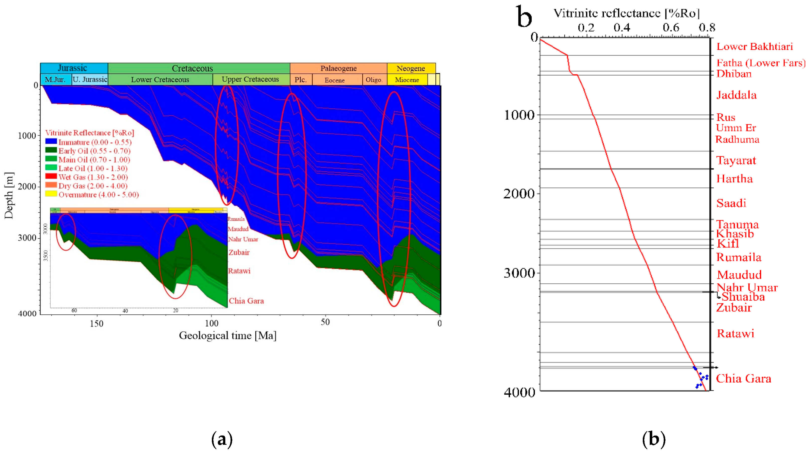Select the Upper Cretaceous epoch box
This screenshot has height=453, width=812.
(250, 79)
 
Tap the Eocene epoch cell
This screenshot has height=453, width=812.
(335, 80)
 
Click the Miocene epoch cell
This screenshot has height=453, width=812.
(407, 80)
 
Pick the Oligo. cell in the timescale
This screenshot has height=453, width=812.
(374, 80)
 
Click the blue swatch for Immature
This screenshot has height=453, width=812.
(51, 142)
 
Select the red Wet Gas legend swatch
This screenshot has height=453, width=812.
(51, 176)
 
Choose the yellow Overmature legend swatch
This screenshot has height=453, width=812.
(51, 194)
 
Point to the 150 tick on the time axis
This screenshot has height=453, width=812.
(96, 323)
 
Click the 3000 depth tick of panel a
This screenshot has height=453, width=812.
(27, 237)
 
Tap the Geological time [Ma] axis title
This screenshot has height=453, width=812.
(228, 335)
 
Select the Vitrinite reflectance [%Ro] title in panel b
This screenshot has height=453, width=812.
(627, 13)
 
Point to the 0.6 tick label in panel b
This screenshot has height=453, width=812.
(671, 28)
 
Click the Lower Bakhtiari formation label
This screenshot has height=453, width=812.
(754, 47)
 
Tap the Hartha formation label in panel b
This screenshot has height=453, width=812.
(734, 179)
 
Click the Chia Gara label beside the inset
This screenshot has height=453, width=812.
(246, 301)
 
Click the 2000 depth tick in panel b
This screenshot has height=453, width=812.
(519, 193)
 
